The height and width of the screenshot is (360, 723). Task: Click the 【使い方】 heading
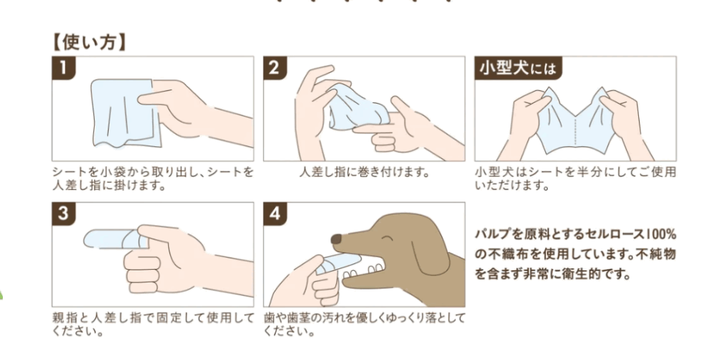[88, 43]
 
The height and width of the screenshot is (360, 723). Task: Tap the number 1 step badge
[64, 68]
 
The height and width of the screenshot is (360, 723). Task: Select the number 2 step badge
[275, 68]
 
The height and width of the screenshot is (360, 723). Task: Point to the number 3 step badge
[64, 214]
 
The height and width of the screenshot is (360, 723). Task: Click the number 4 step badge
[275, 214]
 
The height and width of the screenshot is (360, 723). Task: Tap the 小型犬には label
[519, 68]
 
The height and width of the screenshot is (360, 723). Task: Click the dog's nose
[337, 239]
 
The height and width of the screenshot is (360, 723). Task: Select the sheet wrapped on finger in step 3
[113, 239]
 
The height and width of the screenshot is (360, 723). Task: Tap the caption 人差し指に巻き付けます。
[364, 174]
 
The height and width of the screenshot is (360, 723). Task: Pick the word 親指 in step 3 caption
[64, 318]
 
